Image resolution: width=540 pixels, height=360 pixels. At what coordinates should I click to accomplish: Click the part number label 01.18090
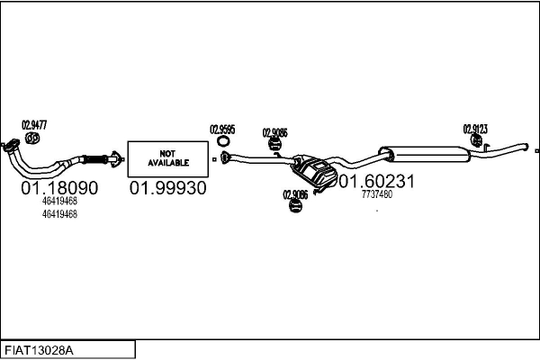click(59, 188)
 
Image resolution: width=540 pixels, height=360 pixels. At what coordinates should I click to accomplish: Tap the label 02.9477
click(34, 125)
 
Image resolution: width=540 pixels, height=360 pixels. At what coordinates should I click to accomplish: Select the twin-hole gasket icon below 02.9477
click(32, 138)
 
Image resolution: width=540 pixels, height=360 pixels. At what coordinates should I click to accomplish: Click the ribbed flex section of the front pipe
click(95, 160)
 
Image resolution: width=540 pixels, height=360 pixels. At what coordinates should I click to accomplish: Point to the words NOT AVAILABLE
click(168, 158)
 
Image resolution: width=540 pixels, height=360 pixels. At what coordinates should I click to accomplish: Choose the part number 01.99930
click(167, 188)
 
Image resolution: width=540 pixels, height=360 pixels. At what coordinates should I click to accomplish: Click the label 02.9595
click(222, 130)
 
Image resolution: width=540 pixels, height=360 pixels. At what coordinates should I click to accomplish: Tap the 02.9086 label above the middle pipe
click(274, 132)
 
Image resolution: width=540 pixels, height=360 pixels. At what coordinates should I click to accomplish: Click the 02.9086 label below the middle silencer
click(295, 194)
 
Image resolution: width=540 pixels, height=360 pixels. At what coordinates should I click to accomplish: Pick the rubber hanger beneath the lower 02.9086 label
click(295, 206)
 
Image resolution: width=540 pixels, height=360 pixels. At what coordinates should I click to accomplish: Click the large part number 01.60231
click(377, 181)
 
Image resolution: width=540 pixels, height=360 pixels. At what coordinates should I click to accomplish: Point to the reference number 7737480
click(377, 194)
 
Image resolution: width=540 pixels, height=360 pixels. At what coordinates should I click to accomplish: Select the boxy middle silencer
click(314, 171)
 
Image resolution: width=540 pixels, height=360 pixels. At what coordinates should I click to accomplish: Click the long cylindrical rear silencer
click(424, 154)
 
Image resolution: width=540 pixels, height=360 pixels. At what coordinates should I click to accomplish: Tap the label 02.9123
click(475, 130)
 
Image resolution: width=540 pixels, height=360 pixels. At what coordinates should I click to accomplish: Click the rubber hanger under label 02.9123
click(476, 139)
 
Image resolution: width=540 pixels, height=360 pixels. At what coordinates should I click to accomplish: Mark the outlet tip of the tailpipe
click(526, 147)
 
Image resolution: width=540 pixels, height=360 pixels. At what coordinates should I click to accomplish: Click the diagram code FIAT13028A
click(39, 351)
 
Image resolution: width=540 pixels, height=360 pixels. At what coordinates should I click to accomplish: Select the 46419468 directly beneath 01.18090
click(59, 201)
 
